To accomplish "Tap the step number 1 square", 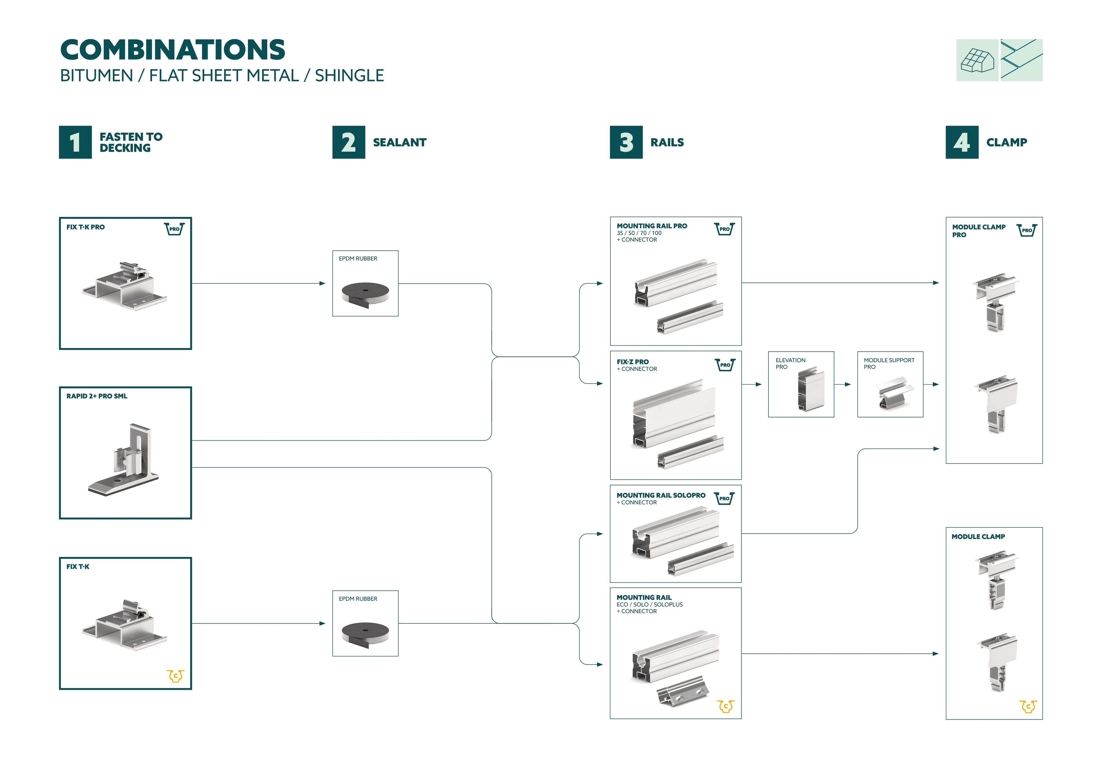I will pyautogui.click(x=75, y=142).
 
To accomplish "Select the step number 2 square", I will pyautogui.click(x=348, y=142).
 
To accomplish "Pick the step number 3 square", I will pyautogui.click(x=626, y=142).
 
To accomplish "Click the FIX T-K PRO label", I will pyautogui.click(x=86, y=227).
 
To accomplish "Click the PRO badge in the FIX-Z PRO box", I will pyautogui.click(x=725, y=365).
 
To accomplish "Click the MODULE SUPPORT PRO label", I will pyautogui.click(x=888, y=363).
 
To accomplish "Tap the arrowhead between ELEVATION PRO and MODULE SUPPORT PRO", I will pyautogui.click(x=848, y=384).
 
